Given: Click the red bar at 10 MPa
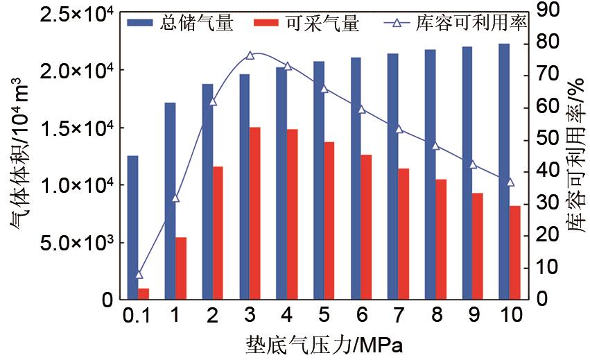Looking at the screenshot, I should coord(515,252).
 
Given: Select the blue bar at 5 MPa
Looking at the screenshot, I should coord(318,180).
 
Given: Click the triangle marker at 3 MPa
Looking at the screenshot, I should coord(250,55).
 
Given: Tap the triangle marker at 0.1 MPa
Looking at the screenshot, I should coord(139,274).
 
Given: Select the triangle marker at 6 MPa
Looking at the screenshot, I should coord(361,109).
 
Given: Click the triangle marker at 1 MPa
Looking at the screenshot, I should coord(175,198).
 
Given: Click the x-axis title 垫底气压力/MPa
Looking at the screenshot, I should coord(323,345).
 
